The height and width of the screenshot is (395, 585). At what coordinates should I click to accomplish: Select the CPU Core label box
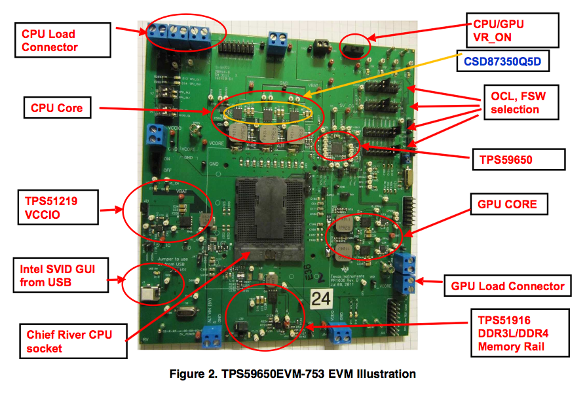(x=57, y=107)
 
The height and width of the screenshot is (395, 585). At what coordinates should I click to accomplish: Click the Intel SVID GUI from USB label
(x=60, y=276)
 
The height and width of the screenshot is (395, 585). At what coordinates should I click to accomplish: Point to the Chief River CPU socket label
(x=72, y=341)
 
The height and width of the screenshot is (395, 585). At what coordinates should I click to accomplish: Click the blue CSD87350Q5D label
(x=502, y=63)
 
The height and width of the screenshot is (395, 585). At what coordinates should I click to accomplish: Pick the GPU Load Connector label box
(x=508, y=286)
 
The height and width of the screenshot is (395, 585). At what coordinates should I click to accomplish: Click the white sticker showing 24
(x=322, y=300)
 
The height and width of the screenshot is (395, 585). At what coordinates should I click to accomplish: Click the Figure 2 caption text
(x=293, y=375)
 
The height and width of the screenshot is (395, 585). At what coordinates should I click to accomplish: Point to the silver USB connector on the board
(x=153, y=292)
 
